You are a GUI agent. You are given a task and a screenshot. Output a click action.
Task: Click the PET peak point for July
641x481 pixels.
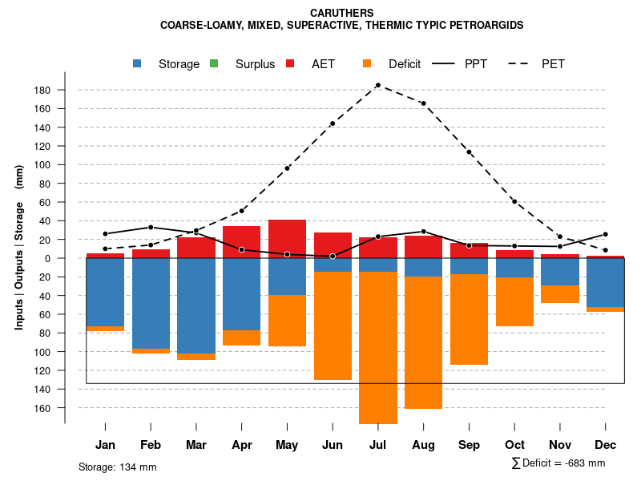(378, 84)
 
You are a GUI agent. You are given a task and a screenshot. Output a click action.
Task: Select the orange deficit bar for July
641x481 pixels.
(378, 348)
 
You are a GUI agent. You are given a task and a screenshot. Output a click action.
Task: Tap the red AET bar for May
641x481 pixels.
(287, 238)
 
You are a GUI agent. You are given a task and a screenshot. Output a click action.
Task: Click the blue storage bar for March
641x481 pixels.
(196, 305)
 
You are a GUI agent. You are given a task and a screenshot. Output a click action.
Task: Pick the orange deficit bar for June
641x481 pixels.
(333, 325)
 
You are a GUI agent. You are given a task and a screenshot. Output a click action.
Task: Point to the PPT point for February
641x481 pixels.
(151, 227)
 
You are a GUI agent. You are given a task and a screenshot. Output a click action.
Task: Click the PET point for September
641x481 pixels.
(469, 152)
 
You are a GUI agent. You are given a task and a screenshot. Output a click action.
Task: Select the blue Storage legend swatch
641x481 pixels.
(138, 63)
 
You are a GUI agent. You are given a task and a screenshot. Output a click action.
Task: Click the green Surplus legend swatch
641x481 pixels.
(214, 63)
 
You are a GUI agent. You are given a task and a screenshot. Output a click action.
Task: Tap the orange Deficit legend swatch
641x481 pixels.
(367, 63)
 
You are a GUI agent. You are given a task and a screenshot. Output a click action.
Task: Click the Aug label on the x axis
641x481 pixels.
(423, 445)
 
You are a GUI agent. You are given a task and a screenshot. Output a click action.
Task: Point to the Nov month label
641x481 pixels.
(560, 445)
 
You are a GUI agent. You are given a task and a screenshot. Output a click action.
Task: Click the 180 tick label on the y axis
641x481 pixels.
(43, 90)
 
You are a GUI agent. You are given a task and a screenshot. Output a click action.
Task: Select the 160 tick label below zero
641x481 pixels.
(43, 408)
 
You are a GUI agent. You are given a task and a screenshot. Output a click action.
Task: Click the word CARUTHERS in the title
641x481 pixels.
(342, 14)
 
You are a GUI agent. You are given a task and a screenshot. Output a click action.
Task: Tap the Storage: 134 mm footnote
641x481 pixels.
(118, 467)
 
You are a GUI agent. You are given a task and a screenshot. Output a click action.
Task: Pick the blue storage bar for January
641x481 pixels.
(105, 292)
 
